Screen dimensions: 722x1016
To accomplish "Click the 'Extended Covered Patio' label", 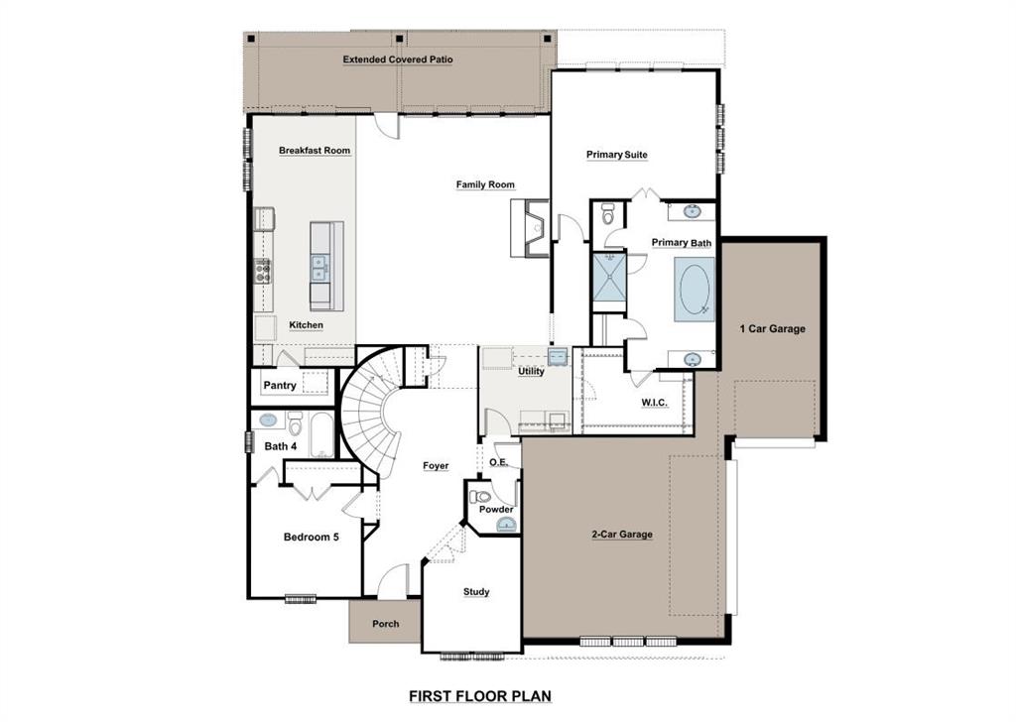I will [398, 60].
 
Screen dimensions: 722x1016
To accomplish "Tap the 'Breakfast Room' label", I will [314, 151].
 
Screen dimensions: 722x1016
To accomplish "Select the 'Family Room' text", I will [485, 184].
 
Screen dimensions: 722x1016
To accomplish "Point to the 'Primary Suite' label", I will [616, 155].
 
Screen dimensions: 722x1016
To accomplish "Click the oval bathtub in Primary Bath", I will [694, 290].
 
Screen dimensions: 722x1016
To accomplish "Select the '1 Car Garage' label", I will [772, 329].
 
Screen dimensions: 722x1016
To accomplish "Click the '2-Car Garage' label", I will [622, 535].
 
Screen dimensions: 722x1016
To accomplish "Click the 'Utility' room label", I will [531, 371].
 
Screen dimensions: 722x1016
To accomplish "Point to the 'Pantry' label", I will [280, 386].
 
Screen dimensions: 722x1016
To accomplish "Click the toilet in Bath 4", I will [295, 424].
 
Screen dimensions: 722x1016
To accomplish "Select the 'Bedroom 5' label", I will [312, 538].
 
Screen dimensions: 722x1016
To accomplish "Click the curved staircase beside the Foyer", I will [369, 407].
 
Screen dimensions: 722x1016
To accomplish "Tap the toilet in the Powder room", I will [482, 496].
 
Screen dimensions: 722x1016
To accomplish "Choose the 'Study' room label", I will [476, 592].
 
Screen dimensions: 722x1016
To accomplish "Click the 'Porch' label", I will [385, 624].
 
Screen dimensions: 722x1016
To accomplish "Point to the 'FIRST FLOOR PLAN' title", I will [480, 697].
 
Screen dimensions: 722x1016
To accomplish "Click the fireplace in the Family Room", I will [528, 228].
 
